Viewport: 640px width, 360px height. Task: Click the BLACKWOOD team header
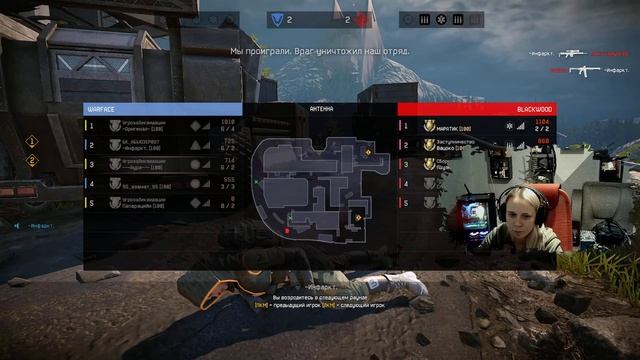530,108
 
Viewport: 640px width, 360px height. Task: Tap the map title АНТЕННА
320,108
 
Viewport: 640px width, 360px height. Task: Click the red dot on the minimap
287,229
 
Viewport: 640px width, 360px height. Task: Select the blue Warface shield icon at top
276,19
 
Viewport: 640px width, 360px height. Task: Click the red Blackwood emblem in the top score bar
361,19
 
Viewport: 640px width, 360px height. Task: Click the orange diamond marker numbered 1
32,142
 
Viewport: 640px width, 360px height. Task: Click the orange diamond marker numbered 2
32,160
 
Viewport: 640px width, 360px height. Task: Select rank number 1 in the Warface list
89,126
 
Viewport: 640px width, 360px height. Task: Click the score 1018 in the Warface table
227,123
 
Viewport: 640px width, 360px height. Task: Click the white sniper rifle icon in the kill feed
574,53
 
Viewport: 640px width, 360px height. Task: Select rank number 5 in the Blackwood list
405,204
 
